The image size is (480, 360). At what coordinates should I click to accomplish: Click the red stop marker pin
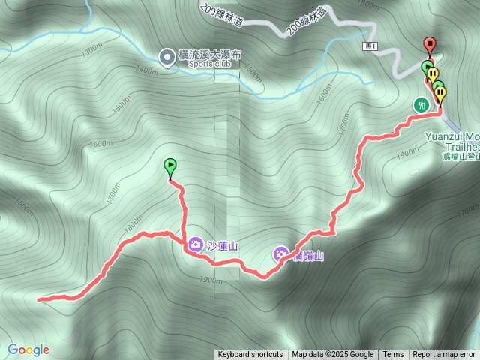tap(430, 44)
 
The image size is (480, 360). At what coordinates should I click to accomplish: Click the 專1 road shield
tap(369, 46)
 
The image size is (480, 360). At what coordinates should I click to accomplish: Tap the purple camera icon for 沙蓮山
tap(195, 244)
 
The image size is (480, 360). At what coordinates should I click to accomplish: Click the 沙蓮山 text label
tap(222, 245)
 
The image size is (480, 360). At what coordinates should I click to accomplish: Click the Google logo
tap(28, 349)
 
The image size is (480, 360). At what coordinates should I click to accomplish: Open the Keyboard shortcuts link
tap(250, 355)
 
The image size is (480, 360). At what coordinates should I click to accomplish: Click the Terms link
tap(393, 355)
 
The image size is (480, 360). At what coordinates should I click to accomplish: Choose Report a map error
tap(445, 355)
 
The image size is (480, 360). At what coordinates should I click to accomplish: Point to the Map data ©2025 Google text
tap(332, 355)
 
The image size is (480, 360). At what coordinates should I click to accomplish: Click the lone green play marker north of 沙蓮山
tap(169, 166)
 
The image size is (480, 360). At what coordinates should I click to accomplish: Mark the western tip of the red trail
tap(38, 298)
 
